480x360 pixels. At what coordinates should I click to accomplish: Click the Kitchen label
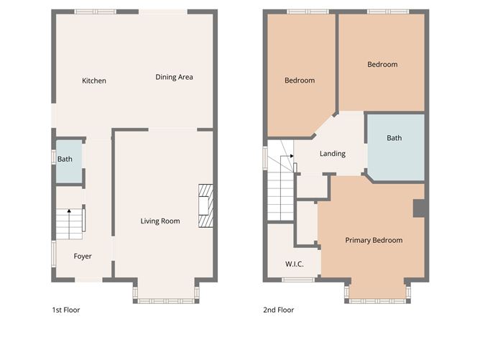(x=94, y=80)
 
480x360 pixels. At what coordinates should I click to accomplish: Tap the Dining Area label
(x=174, y=77)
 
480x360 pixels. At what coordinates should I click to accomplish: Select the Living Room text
(x=160, y=221)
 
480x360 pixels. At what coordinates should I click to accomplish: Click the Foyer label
(x=83, y=256)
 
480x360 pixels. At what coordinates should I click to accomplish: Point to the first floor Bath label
(x=65, y=159)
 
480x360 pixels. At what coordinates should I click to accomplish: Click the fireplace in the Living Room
(x=206, y=206)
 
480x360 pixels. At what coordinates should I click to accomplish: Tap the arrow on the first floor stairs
(x=69, y=211)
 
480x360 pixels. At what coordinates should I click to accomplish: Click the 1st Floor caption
(x=65, y=310)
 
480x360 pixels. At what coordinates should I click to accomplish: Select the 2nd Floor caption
(x=278, y=310)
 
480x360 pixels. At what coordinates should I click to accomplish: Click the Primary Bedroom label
(x=373, y=240)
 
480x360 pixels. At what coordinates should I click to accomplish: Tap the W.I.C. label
(x=294, y=264)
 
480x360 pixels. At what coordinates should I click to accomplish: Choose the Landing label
(x=332, y=153)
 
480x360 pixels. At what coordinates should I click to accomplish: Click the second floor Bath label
(x=394, y=138)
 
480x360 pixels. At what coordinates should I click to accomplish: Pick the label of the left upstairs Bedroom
(x=300, y=80)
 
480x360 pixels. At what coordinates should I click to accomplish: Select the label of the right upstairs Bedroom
(x=382, y=65)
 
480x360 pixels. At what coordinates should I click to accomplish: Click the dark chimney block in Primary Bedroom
(x=420, y=208)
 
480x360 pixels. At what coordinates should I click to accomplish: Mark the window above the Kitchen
(x=95, y=11)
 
